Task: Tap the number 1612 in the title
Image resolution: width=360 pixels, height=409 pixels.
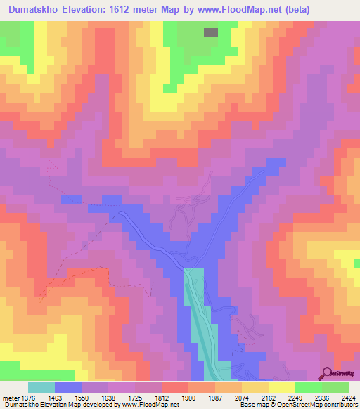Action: click(x=140, y=9)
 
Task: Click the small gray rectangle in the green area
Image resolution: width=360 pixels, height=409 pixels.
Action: click(x=210, y=32)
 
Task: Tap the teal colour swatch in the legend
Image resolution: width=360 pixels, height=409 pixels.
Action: click(x=41, y=387)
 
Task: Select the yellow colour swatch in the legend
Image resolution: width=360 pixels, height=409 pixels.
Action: click(x=281, y=387)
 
